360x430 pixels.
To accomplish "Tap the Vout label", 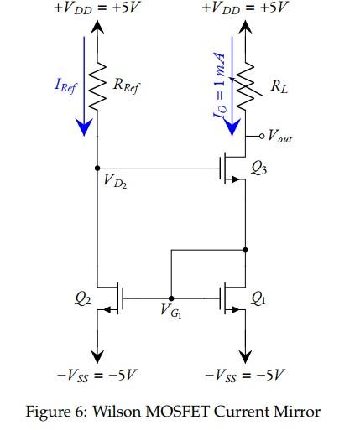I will tap(280, 136).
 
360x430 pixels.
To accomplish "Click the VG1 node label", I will tap(173, 314).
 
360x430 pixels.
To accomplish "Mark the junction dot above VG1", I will tap(171, 298).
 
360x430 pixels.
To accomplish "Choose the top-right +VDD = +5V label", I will tap(245, 9).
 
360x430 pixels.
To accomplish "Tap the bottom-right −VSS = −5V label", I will tap(246, 372).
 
